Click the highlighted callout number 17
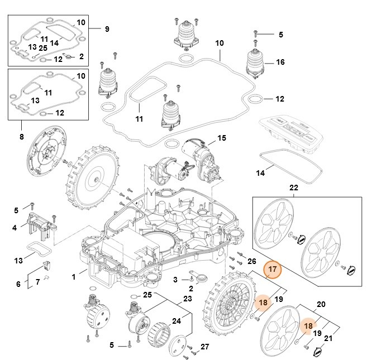point(273,271)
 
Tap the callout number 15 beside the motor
point(221,138)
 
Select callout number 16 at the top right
point(280,62)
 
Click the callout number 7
point(37,282)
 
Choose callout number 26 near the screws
point(251,261)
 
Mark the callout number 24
point(175,321)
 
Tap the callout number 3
point(175,279)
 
